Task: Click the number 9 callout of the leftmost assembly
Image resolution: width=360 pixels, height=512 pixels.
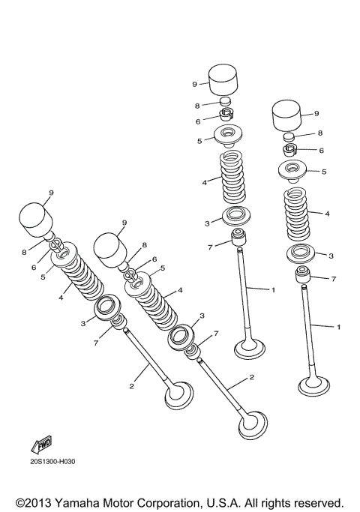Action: (x=51, y=193)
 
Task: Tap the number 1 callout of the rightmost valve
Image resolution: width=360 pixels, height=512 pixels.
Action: (x=338, y=327)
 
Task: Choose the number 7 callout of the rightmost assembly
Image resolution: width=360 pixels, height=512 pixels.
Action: (x=334, y=278)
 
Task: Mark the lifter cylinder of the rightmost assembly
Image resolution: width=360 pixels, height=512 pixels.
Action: (x=284, y=116)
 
